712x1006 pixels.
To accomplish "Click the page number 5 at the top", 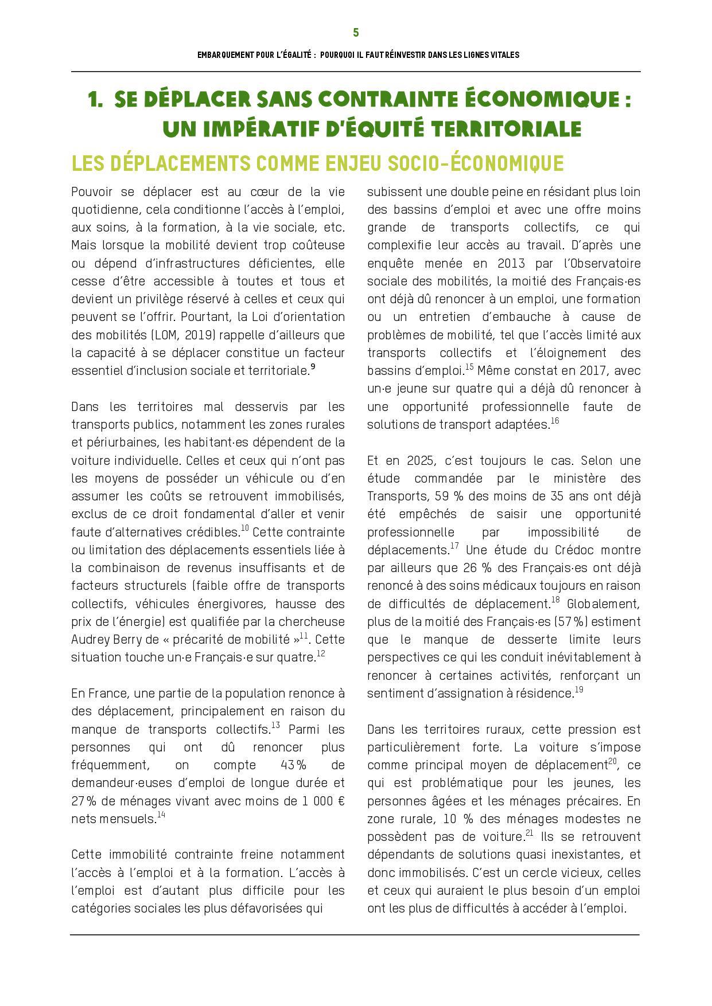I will tap(356, 33).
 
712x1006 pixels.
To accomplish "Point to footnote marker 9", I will tap(313, 367).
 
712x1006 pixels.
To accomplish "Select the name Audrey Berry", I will tap(99, 639).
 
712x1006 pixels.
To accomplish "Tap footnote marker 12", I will tap(321, 653).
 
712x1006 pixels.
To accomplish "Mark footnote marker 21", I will tap(530, 833).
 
